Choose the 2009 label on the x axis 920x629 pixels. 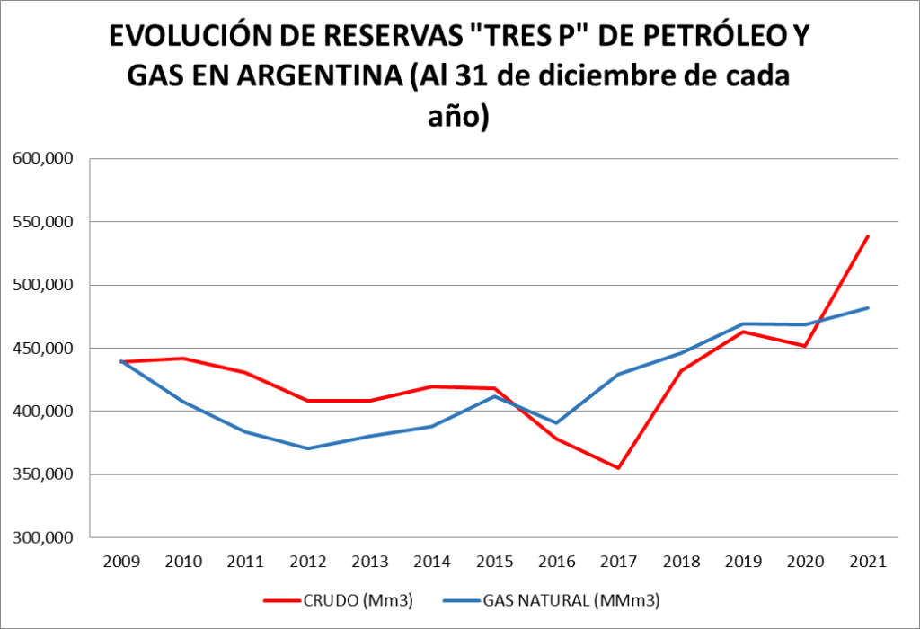121,562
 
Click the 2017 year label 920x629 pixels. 619,562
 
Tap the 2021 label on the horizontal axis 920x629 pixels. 868,562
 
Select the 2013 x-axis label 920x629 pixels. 370,562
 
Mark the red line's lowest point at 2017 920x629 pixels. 619,467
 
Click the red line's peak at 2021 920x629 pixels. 868,236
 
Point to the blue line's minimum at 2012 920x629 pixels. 308,448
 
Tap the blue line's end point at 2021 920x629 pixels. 868,308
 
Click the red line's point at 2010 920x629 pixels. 183,359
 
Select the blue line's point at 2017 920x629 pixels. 619,374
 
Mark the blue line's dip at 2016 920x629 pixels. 557,422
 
